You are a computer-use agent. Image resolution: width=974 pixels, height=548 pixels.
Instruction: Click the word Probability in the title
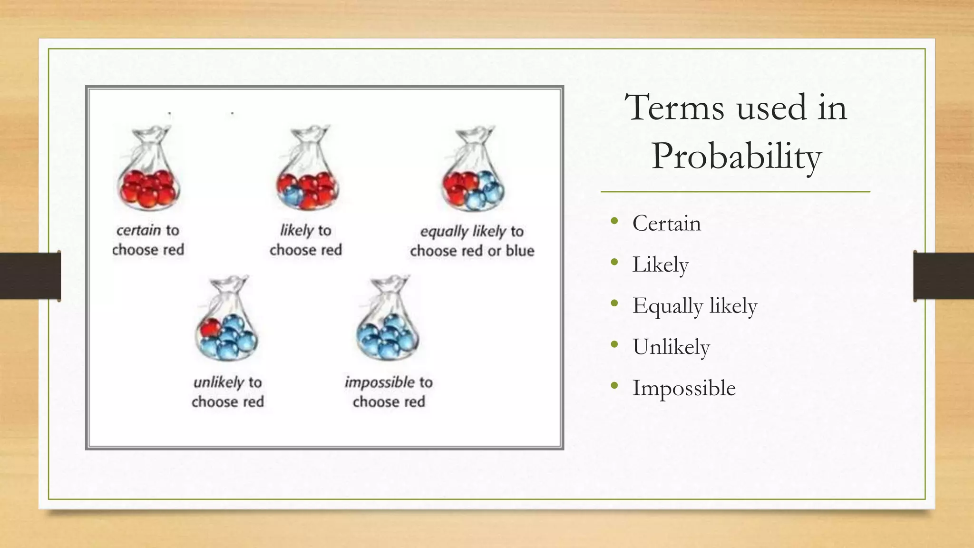point(736,157)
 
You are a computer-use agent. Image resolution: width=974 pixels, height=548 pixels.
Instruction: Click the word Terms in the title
point(674,108)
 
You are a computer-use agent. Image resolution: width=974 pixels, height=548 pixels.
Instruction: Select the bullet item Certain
point(666,223)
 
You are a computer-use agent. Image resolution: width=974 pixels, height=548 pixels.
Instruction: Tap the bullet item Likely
point(660,264)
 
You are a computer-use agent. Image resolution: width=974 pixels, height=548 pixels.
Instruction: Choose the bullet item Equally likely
point(694,305)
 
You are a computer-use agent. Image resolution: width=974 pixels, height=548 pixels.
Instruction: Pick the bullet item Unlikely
point(671,347)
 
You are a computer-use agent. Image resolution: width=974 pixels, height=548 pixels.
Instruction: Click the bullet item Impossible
point(683,388)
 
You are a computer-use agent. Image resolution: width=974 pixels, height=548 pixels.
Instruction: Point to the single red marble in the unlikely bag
point(210,328)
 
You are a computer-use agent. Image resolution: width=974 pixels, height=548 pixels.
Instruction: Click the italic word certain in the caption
point(138,230)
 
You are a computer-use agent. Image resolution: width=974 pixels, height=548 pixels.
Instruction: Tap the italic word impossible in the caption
point(380,382)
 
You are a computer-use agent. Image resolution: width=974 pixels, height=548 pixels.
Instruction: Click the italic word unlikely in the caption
point(218,382)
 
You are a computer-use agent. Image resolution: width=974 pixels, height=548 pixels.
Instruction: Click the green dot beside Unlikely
point(614,344)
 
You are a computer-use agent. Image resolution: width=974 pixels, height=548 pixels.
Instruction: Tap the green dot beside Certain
point(614,221)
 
